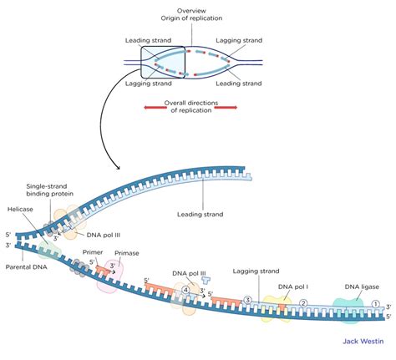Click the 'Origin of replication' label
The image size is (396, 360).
tap(198, 19)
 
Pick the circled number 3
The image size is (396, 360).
tap(246, 300)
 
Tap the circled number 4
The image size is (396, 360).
tap(185, 292)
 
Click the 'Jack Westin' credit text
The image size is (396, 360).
tap(363, 341)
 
